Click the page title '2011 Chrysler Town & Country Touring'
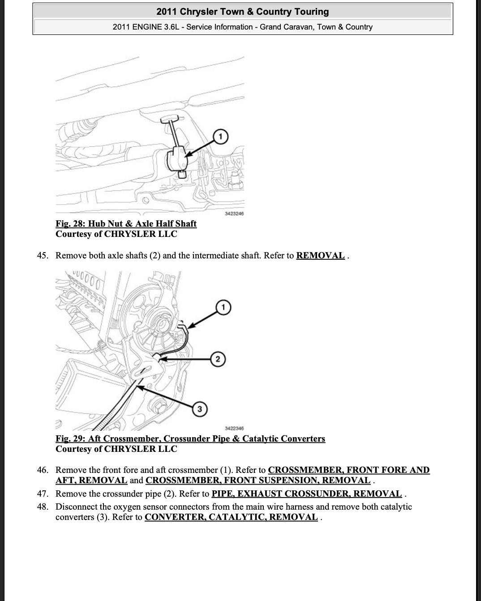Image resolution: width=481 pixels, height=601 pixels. [242, 12]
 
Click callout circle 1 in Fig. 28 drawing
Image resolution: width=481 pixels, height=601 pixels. [220, 136]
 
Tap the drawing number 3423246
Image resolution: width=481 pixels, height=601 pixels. [234, 214]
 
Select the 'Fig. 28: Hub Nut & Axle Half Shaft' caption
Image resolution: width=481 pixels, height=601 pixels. [126, 223]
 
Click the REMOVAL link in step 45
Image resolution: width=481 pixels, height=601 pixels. [320, 256]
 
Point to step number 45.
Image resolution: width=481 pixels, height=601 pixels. [43, 256]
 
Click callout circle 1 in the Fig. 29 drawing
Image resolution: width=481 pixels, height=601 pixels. [223, 307]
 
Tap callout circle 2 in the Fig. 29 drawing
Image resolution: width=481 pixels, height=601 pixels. [218, 359]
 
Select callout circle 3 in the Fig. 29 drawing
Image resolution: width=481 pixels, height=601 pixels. [200, 409]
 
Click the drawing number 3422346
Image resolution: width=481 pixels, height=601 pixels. [234, 429]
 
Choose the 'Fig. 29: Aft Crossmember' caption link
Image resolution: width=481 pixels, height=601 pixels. [190, 438]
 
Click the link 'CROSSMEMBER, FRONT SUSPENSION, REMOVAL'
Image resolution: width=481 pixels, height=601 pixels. [258, 481]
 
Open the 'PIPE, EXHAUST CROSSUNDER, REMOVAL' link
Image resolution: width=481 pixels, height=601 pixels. [306, 494]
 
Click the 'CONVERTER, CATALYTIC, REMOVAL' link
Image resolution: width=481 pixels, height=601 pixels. [231, 517]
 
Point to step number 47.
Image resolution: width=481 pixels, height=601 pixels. [43, 494]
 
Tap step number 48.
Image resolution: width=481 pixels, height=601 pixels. [43, 507]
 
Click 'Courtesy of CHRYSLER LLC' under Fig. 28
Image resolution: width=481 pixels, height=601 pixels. [116, 234]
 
